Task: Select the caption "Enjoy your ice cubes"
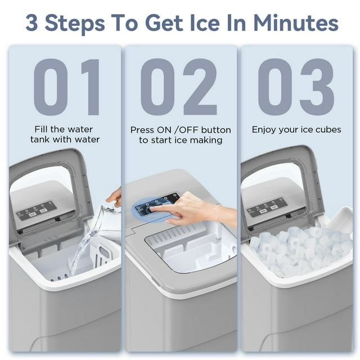(x=296, y=130)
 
